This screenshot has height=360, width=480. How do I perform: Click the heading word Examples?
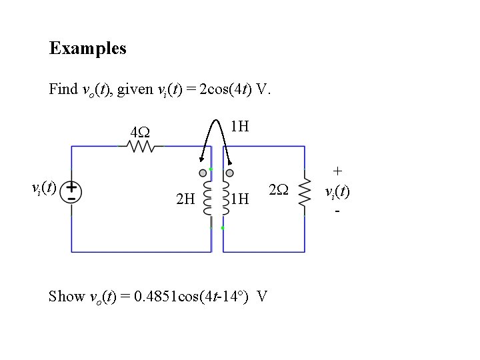click(x=87, y=48)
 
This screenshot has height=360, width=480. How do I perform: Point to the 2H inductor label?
click(x=185, y=198)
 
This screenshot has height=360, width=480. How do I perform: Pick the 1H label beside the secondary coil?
click(x=239, y=198)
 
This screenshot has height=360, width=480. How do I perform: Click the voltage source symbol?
click(x=71, y=192)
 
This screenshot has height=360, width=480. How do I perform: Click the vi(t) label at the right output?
click(x=337, y=192)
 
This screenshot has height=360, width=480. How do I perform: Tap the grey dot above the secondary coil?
click(x=229, y=173)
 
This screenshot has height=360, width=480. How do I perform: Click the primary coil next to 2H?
click(x=207, y=198)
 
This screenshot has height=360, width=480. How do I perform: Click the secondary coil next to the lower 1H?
click(x=225, y=198)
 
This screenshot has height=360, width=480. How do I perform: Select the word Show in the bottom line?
click(x=67, y=296)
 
